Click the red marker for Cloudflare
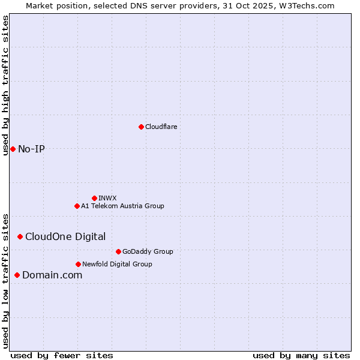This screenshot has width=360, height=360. [141, 127]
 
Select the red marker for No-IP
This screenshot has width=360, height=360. [13, 149]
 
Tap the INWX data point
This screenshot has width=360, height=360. [94, 198]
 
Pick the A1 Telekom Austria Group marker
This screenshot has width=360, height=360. [77, 206]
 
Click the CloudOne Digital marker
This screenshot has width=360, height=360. [20, 236]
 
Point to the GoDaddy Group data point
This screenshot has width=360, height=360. [118, 251]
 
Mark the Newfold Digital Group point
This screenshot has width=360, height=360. [78, 264]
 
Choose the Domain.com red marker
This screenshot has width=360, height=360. [17, 275]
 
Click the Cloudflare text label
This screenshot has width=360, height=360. [161, 127]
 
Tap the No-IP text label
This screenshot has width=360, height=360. [31, 149]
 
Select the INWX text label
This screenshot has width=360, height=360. [107, 198]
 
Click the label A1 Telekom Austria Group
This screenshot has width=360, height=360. [122, 206]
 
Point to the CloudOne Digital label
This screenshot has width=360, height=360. [65, 236]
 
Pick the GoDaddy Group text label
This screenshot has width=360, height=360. [148, 251]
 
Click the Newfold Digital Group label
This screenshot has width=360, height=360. [117, 264]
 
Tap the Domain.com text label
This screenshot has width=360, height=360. [52, 275]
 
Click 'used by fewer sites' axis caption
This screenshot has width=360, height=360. [62, 355]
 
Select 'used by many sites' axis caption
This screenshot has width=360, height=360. [301, 355]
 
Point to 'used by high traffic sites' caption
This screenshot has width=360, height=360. [5, 85]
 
